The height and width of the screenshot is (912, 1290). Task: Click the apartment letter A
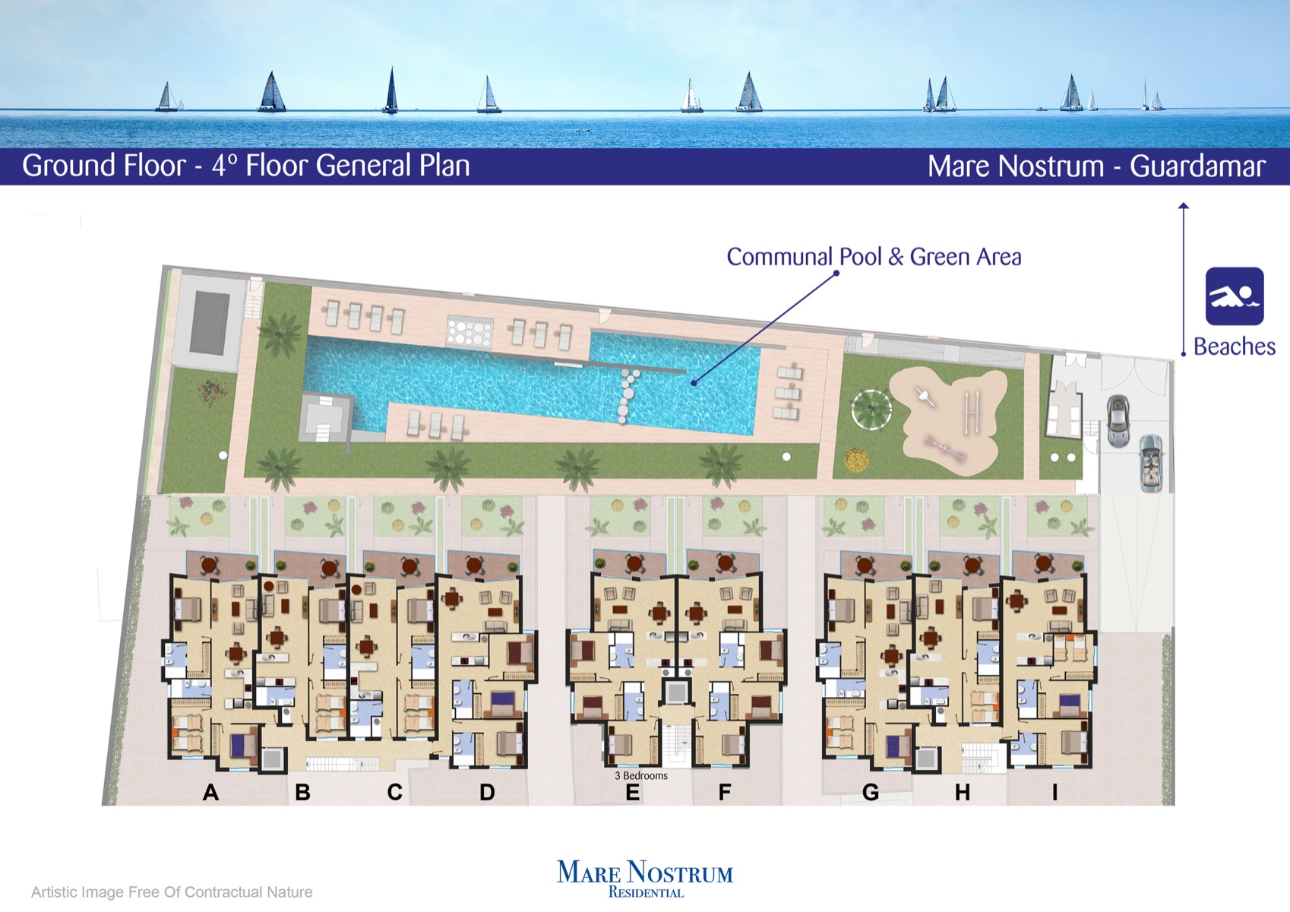click(210, 792)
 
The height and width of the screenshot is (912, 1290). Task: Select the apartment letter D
click(487, 792)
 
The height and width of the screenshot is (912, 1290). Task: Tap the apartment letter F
click(725, 792)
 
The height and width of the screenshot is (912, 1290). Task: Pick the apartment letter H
click(963, 792)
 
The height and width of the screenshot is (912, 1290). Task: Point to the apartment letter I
click(1055, 792)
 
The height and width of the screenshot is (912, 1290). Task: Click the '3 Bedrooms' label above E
click(641, 775)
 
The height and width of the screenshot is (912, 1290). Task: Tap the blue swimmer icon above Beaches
click(1235, 296)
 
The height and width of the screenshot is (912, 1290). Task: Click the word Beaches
click(1235, 347)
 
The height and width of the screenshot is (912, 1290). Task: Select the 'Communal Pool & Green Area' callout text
click(874, 257)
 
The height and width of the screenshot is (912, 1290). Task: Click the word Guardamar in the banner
click(1197, 166)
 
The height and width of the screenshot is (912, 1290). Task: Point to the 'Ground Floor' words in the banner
click(104, 166)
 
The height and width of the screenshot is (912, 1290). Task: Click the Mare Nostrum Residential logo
click(645, 879)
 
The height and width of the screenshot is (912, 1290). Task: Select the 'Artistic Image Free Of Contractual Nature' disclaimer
click(172, 891)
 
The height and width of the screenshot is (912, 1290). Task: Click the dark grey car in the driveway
click(1118, 421)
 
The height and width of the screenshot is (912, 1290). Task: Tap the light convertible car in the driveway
click(1151, 463)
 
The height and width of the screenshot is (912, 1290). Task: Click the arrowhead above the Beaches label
click(1184, 206)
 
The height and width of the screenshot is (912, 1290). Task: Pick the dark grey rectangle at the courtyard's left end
click(208, 323)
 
